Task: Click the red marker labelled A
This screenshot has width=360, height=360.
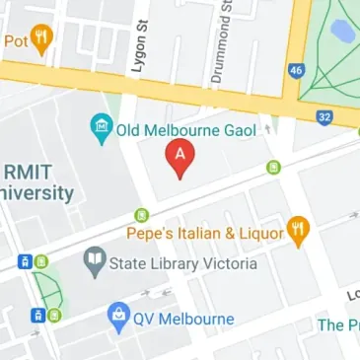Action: (179, 158)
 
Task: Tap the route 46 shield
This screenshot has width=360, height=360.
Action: (294, 71)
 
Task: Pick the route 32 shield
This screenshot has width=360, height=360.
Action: (324, 116)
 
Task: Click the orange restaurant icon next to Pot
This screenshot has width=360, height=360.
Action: (41, 38)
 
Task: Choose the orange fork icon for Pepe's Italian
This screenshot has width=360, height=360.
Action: (299, 231)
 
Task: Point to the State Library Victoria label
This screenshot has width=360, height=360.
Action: (182, 263)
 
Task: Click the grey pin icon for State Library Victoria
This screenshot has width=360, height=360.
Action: (95, 260)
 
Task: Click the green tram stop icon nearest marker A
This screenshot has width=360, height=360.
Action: (273, 167)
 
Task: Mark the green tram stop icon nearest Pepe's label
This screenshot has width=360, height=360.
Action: (142, 214)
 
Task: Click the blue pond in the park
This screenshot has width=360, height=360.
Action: (342, 33)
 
